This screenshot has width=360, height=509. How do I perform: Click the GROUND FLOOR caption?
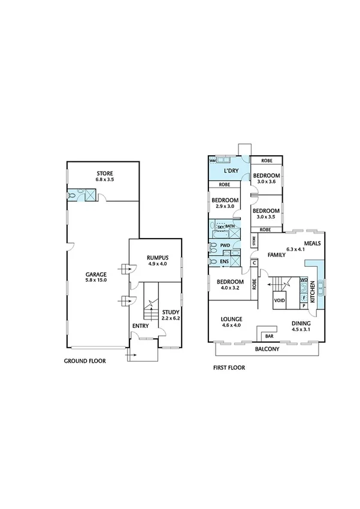[85, 362]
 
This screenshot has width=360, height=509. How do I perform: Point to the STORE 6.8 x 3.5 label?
[104, 176]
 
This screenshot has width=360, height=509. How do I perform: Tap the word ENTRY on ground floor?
[140, 326]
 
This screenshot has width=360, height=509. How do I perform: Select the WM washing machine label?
[212, 161]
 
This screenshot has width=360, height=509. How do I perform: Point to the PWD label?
[225, 245]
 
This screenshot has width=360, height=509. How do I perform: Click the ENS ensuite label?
[224, 261]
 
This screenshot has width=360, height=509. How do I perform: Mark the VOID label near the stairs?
[279, 300]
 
